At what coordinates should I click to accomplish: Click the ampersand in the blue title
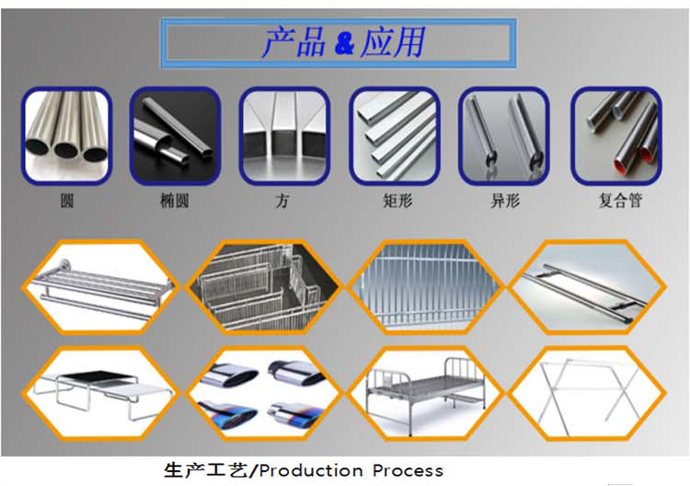[344, 43]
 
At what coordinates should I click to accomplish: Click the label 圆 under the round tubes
[66, 201]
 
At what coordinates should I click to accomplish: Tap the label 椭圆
[175, 201]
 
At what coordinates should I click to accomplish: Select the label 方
[282, 201]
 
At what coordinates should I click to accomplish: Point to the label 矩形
[397, 201]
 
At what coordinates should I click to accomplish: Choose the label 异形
[505, 201]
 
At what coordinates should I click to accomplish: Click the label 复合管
[620, 201]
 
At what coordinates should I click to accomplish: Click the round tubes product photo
[67, 136]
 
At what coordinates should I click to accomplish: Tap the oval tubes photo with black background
[175, 136]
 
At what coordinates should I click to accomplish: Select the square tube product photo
[284, 136]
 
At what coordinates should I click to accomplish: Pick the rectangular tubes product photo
[395, 136]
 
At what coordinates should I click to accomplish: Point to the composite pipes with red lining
[616, 136]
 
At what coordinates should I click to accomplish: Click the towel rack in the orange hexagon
[101, 287]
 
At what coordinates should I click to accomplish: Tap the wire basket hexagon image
[264, 287]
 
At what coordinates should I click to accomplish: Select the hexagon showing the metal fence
[425, 287]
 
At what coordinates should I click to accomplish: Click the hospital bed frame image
[425, 393]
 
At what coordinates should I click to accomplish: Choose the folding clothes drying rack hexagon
[588, 393]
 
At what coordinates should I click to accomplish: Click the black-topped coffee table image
[101, 393]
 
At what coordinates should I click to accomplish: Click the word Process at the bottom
[408, 470]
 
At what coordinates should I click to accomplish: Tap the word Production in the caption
[311, 470]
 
